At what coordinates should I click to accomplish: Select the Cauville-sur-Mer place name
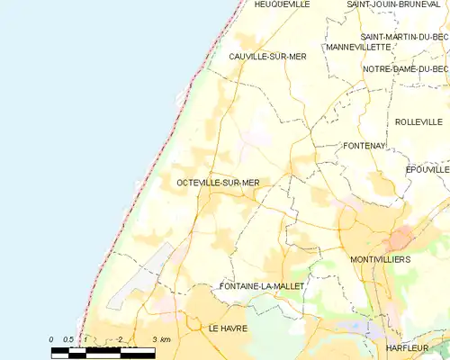266,57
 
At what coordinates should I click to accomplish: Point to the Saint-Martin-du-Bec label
405,36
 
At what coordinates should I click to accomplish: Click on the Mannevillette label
358,47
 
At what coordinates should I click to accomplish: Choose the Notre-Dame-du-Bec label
405,68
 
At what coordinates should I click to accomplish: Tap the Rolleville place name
418,121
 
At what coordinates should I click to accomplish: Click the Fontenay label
364,145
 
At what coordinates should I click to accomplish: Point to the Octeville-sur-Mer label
218,183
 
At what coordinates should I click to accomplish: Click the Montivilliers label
380,259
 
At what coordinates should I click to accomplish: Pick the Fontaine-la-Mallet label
263,286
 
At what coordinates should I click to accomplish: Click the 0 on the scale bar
51,339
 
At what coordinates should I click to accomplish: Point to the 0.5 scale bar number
67,339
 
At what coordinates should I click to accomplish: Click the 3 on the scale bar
155,339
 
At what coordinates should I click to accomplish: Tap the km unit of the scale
165,339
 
